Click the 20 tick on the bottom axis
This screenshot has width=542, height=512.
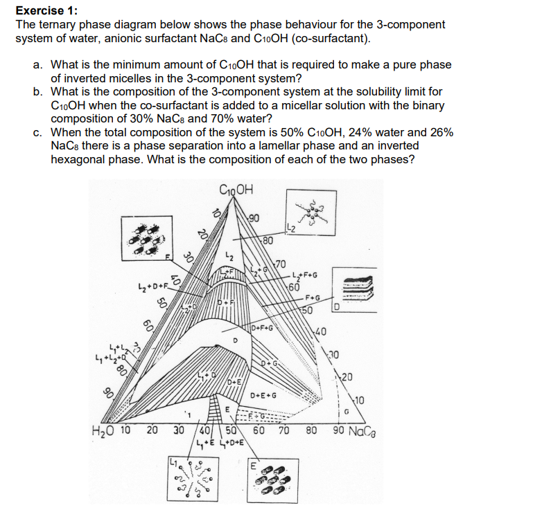[152, 430]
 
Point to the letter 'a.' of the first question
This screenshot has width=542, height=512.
[38, 64]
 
